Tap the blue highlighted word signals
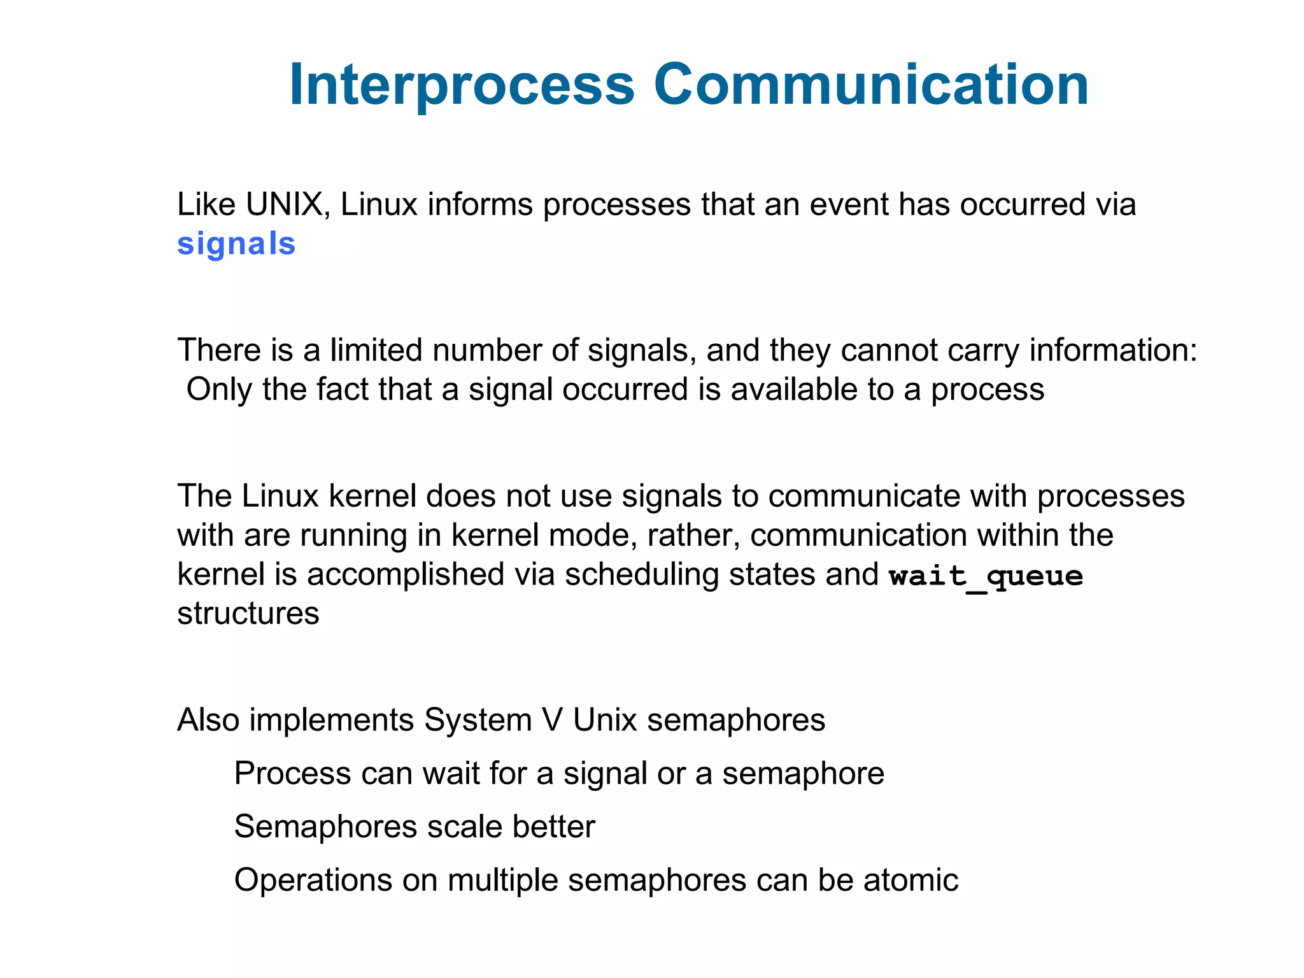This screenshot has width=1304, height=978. click(x=236, y=244)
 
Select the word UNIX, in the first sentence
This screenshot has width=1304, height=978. click(x=287, y=205)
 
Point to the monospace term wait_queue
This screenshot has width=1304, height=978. click(x=986, y=576)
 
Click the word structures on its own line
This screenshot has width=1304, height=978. click(x=248, y=614)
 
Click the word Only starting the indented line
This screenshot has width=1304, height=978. click(x=218, y=390)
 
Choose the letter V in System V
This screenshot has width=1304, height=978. click(x=552, y=721)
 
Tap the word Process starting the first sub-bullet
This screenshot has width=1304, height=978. click(x=292, y=774)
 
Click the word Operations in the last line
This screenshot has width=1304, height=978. click(x=313, y=881)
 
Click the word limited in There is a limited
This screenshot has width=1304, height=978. click(x=376, y=351)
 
